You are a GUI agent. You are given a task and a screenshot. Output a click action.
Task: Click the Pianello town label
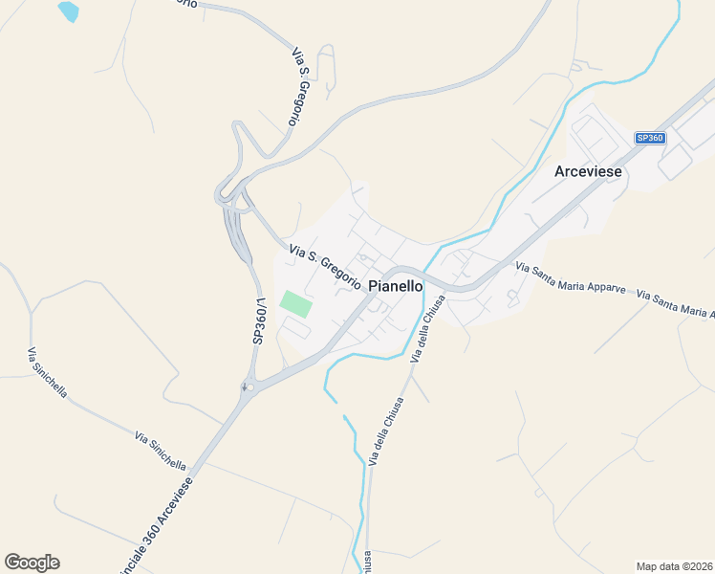pos(395,285)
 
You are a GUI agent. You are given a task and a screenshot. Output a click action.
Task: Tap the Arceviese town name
pos(589,171)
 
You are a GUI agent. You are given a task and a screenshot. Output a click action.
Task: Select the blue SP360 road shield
pos(650,138)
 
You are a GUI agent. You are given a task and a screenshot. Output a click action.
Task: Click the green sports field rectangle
pos(295,304)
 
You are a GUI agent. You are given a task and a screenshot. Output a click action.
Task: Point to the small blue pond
pos(68,11)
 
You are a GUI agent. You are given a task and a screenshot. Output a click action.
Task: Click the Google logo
pos(32,563)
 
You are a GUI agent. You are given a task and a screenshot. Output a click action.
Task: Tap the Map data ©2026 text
pos(674,565)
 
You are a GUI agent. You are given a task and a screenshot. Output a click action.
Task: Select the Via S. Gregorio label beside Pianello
pos(324,264)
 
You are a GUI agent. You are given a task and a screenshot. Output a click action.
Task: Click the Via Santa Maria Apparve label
pos(570,277)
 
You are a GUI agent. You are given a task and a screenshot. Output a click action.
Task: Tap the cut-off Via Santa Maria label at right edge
pos(676,305)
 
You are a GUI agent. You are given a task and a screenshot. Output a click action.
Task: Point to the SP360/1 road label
pos(258,321)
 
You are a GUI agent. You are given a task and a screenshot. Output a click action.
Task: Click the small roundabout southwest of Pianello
pos(244,387)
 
